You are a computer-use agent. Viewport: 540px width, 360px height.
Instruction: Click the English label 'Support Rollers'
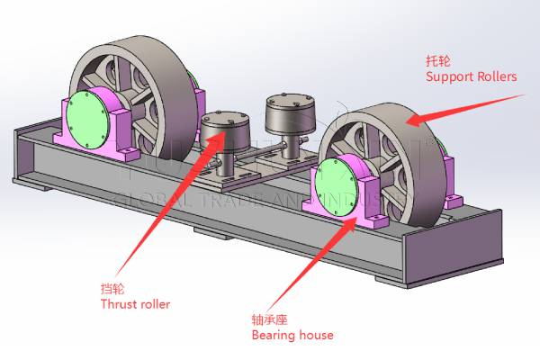pyautogui.click(x=471, y=77)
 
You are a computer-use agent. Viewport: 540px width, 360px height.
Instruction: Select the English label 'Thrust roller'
pyautogui.click(x=135, y=304)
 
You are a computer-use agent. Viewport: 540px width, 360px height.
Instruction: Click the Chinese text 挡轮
pyautogui.click(x=112, y=289)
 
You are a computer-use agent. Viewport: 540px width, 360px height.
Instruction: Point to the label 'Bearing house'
pyautogui.click(x=292, y=335)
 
